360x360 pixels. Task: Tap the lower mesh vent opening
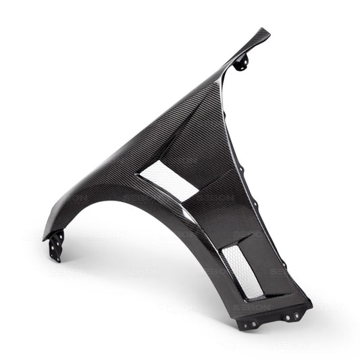point(242,271)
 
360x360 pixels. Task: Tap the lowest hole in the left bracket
point(57,257)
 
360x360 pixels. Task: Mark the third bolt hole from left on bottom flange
point(288,317)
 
